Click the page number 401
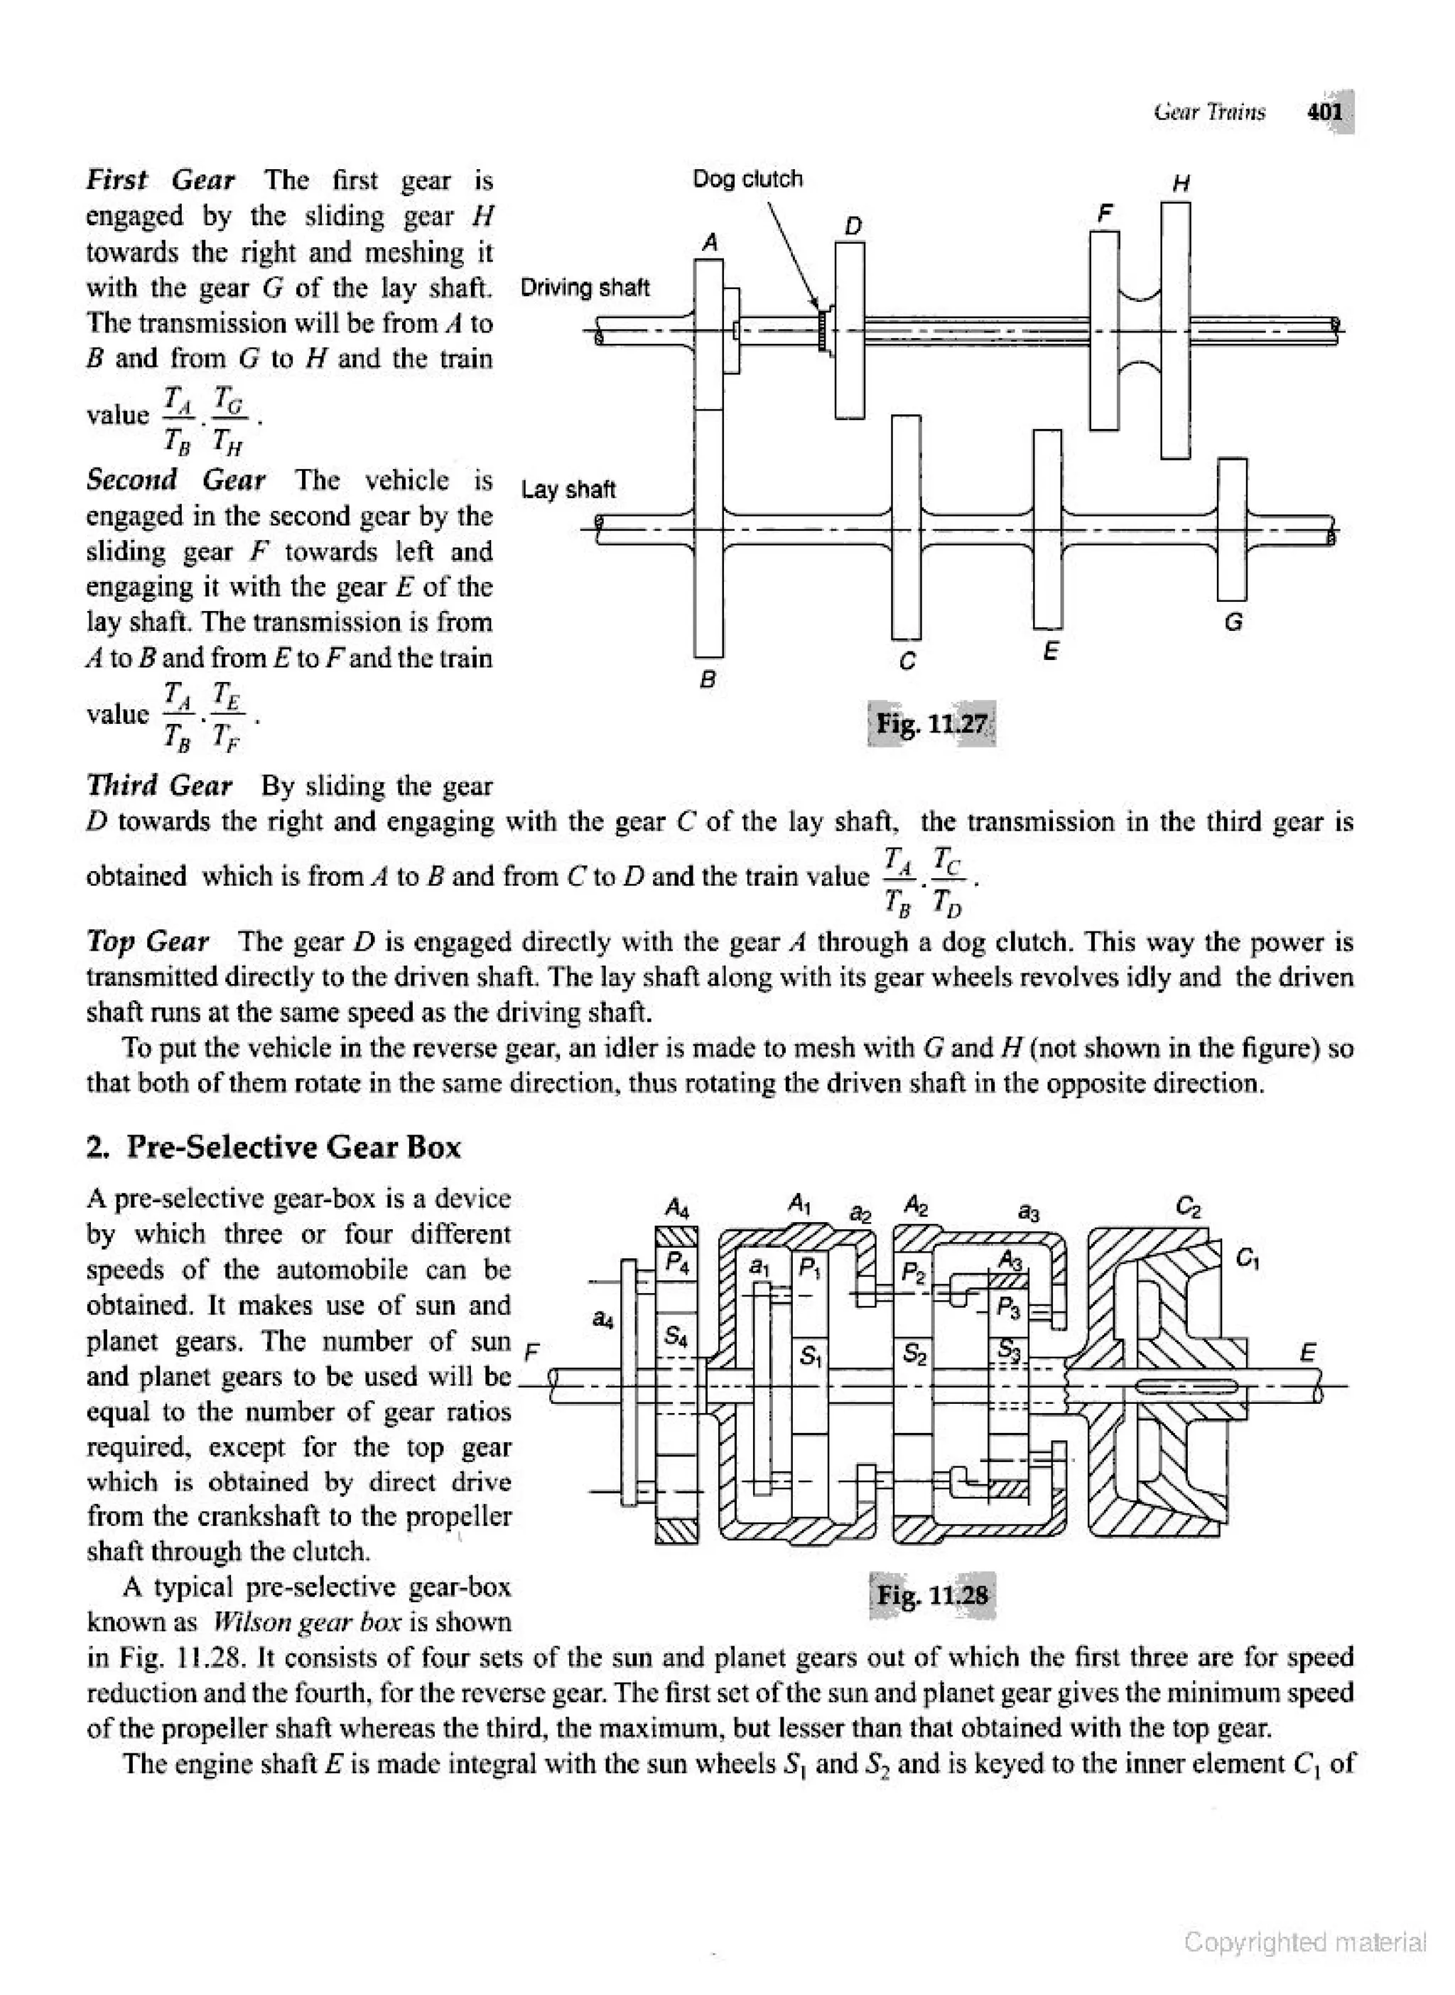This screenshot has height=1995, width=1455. click(x=1324, y=112)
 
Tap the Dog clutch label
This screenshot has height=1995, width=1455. click(x=748, y=179)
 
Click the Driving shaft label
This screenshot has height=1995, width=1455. click(x=585, y=288)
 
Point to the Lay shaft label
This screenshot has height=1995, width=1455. click(x=568, y=490)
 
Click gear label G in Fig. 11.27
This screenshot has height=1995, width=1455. click(x=1233, y=622)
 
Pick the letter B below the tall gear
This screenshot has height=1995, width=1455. click(x=707, y=679)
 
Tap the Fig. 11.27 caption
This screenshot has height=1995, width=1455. click(x=933, y=724)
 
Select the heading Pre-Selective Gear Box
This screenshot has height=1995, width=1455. click(x=293, y=1147)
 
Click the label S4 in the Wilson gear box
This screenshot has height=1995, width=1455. click(x=676, y=1336)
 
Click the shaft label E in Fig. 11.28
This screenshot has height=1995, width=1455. click(x=1308, y=1352)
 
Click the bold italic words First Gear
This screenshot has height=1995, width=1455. click(x=161, y=180)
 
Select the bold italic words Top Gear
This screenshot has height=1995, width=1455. click(x=147, y=941)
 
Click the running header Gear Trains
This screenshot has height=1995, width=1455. click(x=1209, y=112)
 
